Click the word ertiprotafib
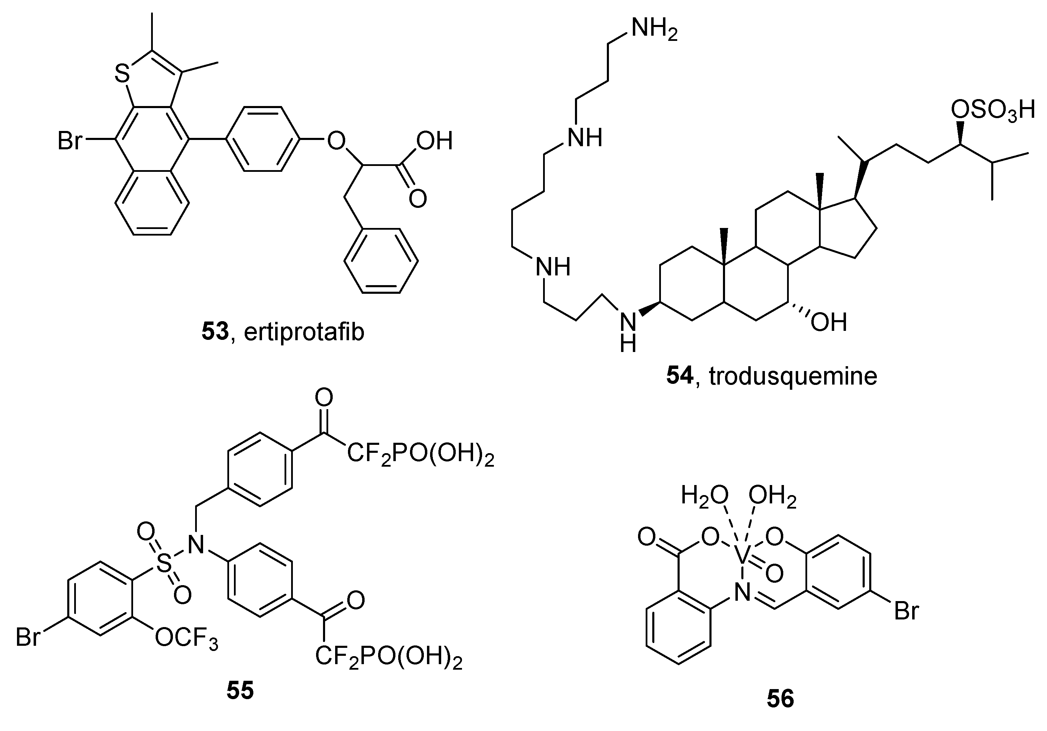tap(304, 332)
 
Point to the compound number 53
tap(215, 332)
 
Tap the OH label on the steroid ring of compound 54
tap(829, 322)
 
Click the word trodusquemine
tap(793, 377)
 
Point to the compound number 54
tap(679, 377)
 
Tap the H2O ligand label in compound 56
tap(704, 495)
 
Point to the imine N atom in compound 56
tap(742, 594)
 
